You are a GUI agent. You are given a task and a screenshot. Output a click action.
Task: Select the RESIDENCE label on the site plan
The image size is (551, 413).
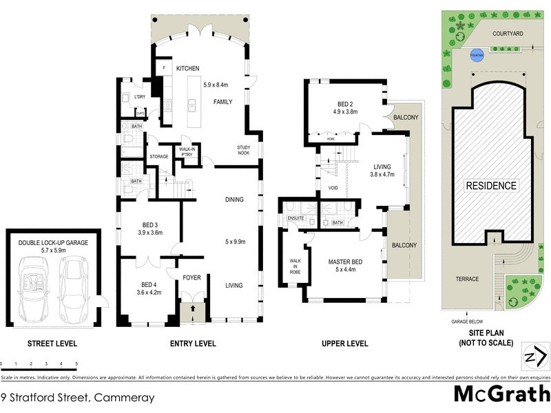pyautogui.click(x=490, y=186)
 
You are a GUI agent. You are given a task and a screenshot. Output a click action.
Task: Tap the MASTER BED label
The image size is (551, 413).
pyautogui.click(x=345, y=261)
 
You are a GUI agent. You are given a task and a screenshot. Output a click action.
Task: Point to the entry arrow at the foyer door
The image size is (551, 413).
pyautogui.click(x=193, y=309)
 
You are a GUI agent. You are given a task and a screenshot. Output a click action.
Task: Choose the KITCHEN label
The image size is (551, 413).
pyautogui.click(x=187, y=69)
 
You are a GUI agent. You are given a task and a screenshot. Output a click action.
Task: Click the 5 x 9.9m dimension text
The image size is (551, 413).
pyautogui.click(x=234, y=242)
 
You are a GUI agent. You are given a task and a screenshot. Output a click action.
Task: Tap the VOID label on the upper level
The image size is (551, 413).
pyautogui.click(x=333, y=188)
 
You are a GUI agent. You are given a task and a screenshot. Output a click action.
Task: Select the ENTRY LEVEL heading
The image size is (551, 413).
pyautogui.click(x=193, y=343)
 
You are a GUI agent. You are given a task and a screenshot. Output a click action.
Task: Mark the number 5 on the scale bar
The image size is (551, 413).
pyautogui.click(x=76, y=363)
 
